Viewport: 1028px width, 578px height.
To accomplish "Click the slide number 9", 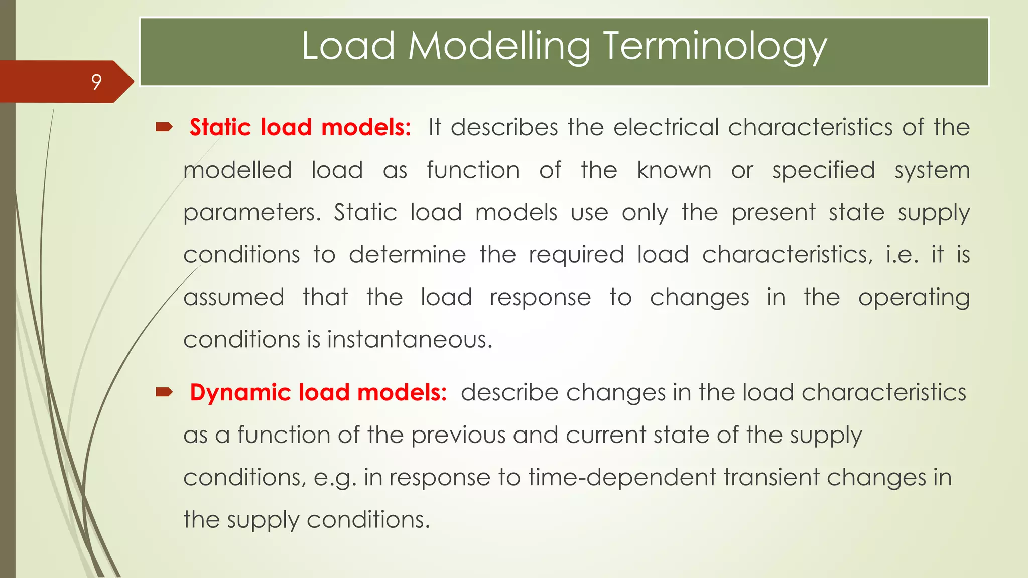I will click(x=96, y=82).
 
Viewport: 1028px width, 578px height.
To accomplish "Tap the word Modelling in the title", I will click(x=499, y=46).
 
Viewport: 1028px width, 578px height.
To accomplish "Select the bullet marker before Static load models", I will click(x=164, y=127).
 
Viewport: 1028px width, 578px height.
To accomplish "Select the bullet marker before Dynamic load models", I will click(x=164, y=392).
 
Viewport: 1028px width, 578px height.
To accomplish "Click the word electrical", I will click(x=666, y=127).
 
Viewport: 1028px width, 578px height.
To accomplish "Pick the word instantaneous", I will click(x=410, y=340).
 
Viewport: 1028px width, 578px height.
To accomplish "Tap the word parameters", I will click(x=251, y=213).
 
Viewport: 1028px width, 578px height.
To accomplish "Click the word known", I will click(x=674, y=170).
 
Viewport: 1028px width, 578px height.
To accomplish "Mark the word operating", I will click(x=914, y=298).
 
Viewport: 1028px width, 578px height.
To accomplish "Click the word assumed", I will click(x=234, y=298).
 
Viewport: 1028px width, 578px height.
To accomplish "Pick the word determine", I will click(x=407, y=255).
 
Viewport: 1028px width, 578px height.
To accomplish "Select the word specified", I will click(x=823, y=170).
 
